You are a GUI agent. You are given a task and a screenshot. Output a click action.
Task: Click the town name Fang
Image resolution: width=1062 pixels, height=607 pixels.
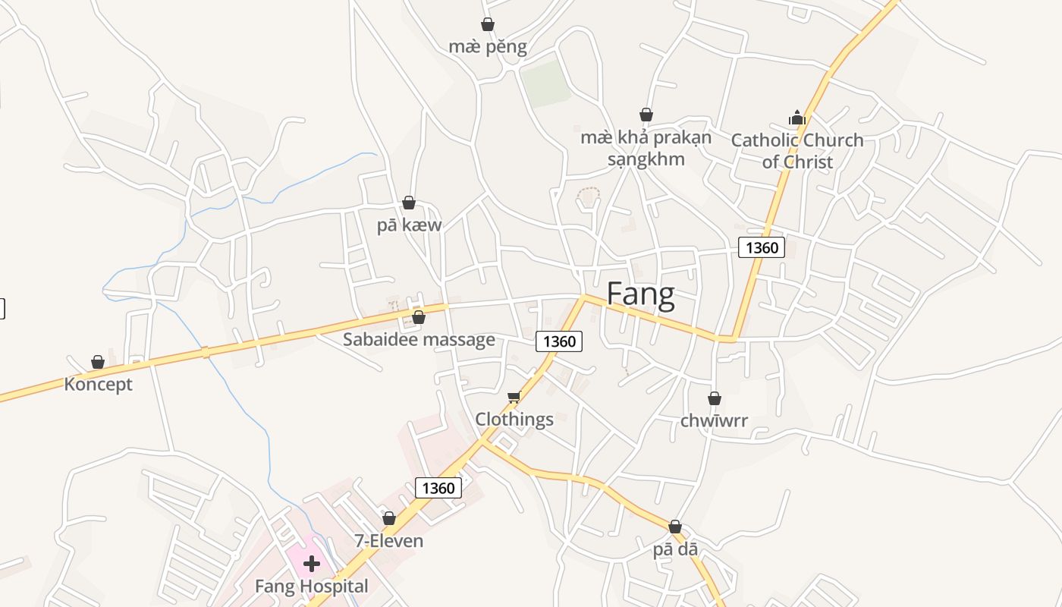tap(641, 294)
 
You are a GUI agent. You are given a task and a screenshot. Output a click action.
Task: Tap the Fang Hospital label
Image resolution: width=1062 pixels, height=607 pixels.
tap(311, 586)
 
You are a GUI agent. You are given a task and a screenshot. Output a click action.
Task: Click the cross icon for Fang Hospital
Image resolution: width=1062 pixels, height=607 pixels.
tap(311, 564)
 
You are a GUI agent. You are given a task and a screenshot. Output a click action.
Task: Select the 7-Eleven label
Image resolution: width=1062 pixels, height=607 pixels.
tap(388, 541)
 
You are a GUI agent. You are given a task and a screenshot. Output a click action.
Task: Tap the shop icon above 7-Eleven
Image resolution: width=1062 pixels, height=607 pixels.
tap(389, 518)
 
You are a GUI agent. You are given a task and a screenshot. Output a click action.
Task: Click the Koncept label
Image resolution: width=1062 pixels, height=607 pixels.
tap(98, 384)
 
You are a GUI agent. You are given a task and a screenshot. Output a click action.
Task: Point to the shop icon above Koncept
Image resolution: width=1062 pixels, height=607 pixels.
tap(98, 362)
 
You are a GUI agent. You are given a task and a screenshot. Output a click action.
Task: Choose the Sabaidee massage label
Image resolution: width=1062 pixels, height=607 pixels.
tap(419, 339)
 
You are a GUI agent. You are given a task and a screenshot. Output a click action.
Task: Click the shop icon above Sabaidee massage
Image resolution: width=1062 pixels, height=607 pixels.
tap(419, 317)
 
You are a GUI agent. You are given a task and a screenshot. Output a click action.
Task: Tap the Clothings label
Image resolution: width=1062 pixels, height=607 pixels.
tap(514, 419)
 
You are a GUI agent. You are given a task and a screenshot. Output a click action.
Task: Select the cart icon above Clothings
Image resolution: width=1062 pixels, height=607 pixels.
tap(514, 396)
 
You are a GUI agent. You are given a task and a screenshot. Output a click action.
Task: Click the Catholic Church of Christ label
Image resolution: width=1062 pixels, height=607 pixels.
tap(797, 150)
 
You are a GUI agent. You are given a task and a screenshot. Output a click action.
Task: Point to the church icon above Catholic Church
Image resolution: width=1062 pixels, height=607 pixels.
tap(796, 118)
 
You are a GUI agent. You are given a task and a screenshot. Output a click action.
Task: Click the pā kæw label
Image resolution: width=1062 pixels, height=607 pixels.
tap(409, 225)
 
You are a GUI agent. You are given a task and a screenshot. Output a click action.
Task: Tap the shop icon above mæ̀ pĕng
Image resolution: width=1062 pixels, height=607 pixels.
tap(488, 24)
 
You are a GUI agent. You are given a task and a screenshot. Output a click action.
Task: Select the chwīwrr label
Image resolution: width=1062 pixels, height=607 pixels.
tap(714, 420)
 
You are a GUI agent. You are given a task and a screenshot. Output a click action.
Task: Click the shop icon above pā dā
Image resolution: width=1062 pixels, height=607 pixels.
tap(675, 527)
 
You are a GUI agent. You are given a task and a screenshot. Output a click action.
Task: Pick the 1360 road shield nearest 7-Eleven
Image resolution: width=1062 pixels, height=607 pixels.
tap(438, 488)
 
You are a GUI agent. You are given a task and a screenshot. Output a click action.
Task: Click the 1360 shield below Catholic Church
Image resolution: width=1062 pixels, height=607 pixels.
tap(761, 247)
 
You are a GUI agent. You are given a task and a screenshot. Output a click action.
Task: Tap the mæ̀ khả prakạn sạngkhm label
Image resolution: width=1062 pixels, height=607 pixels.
tap(646, 148)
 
